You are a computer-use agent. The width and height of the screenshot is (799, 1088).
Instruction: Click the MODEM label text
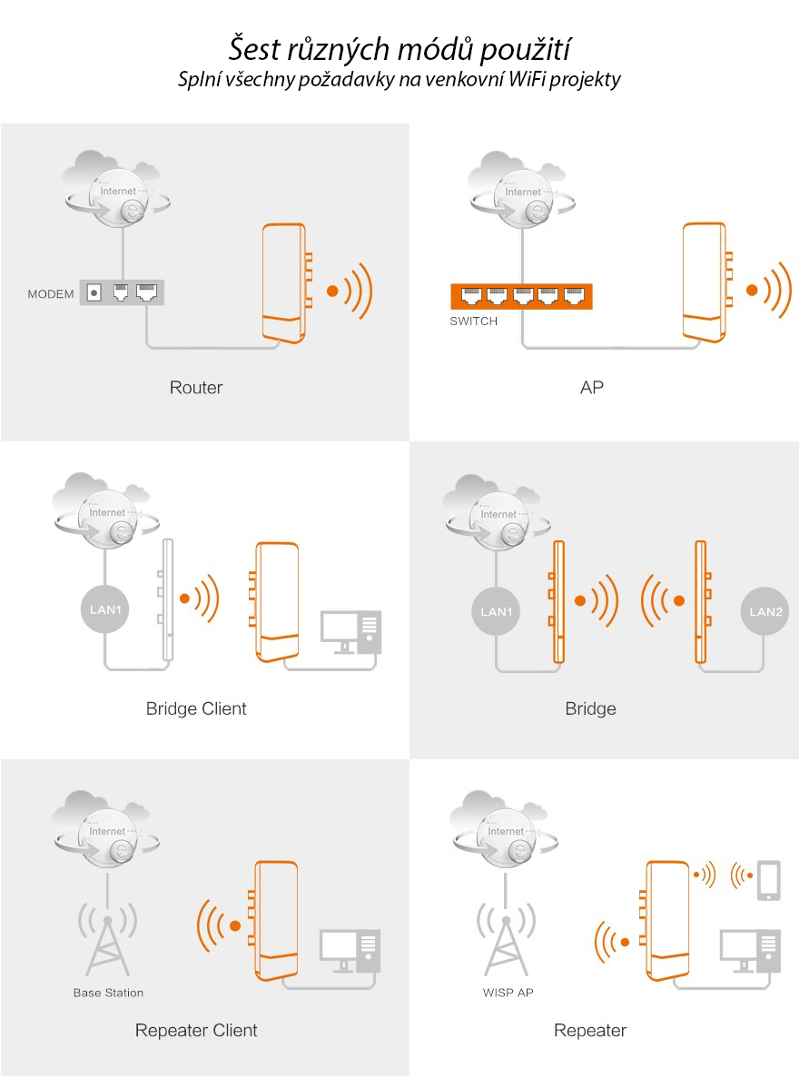tap(51, 294)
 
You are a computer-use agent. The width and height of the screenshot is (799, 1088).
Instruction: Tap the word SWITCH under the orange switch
tap(474, 321)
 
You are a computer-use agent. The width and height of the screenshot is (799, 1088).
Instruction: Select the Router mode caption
tap(196, 388)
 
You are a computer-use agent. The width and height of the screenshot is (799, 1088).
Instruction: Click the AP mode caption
tap(592, 388)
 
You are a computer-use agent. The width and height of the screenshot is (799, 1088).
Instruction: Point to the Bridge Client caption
tap(196, 708)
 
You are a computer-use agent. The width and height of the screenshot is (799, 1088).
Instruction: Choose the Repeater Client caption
tap(196, 1031)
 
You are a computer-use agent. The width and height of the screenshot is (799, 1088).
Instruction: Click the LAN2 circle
tap(765, 611)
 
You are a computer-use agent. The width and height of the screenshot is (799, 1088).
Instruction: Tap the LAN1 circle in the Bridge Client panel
tap(106, 608)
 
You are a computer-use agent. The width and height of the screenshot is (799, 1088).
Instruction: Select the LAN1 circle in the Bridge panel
tap(497, 611)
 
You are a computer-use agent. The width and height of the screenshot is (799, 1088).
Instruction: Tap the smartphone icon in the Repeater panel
tap(769, 879)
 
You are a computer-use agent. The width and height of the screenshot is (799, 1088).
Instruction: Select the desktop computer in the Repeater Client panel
tap(350, 951)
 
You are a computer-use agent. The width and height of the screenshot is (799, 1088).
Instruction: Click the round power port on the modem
tap(93, 292)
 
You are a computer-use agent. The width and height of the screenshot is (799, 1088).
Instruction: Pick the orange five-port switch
tap(521, 296)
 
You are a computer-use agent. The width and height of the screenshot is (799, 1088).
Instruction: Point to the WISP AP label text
tap(508, 993)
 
